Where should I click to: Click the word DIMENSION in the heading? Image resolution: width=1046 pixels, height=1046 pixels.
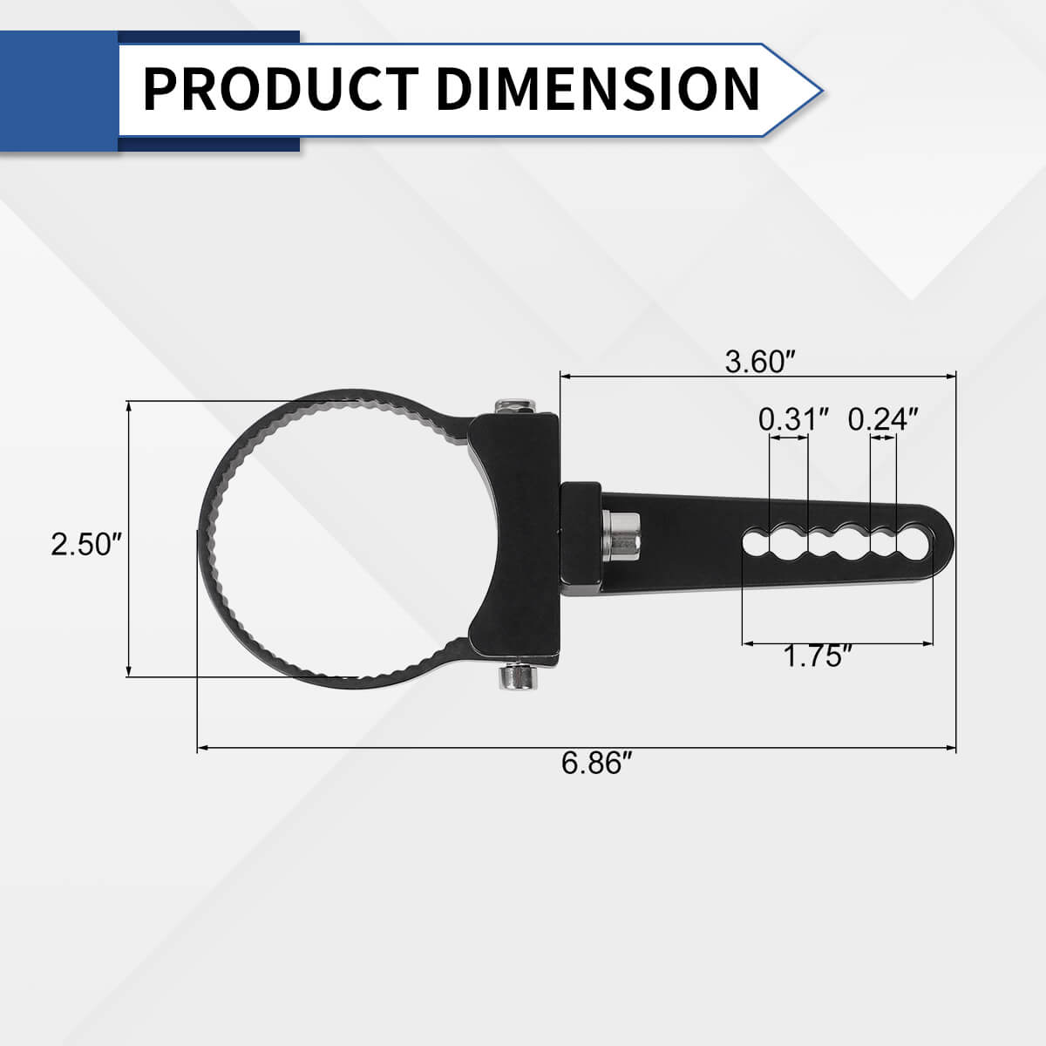tap(598, 88)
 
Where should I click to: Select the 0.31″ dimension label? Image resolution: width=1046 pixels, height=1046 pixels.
tap(792, 419)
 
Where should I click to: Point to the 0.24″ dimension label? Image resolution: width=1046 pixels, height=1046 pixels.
tap(883, 419)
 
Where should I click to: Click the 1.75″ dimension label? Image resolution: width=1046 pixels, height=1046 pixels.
tap(817, 655)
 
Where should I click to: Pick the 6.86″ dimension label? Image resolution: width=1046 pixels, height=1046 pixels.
tap(596, 764)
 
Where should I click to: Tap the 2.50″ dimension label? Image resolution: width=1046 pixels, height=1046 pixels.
tap(85, 545)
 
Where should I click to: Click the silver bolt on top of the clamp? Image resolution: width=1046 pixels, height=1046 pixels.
tap(514, 406)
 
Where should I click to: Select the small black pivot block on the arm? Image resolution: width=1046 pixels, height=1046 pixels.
tap(580, 539)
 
